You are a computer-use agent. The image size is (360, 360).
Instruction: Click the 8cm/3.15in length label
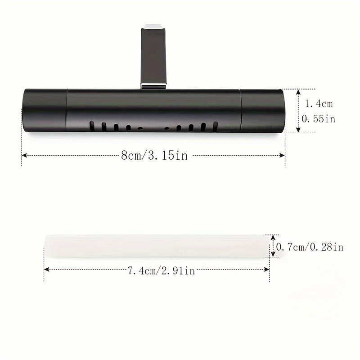[154, 155]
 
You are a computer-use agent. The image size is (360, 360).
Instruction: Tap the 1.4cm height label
[319, 104]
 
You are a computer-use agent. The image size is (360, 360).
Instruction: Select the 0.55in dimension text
[318, 119]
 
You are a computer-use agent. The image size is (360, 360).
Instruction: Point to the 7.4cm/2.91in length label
[161, 271]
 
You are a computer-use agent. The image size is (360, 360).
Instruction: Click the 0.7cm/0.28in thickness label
[310, 247]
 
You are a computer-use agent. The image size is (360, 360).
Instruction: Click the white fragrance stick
[157, 246]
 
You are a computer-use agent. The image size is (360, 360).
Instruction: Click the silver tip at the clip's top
[153, 26]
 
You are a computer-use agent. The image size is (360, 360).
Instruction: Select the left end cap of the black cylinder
[45, 110]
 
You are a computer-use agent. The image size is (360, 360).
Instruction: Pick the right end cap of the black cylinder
[262, 111]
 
